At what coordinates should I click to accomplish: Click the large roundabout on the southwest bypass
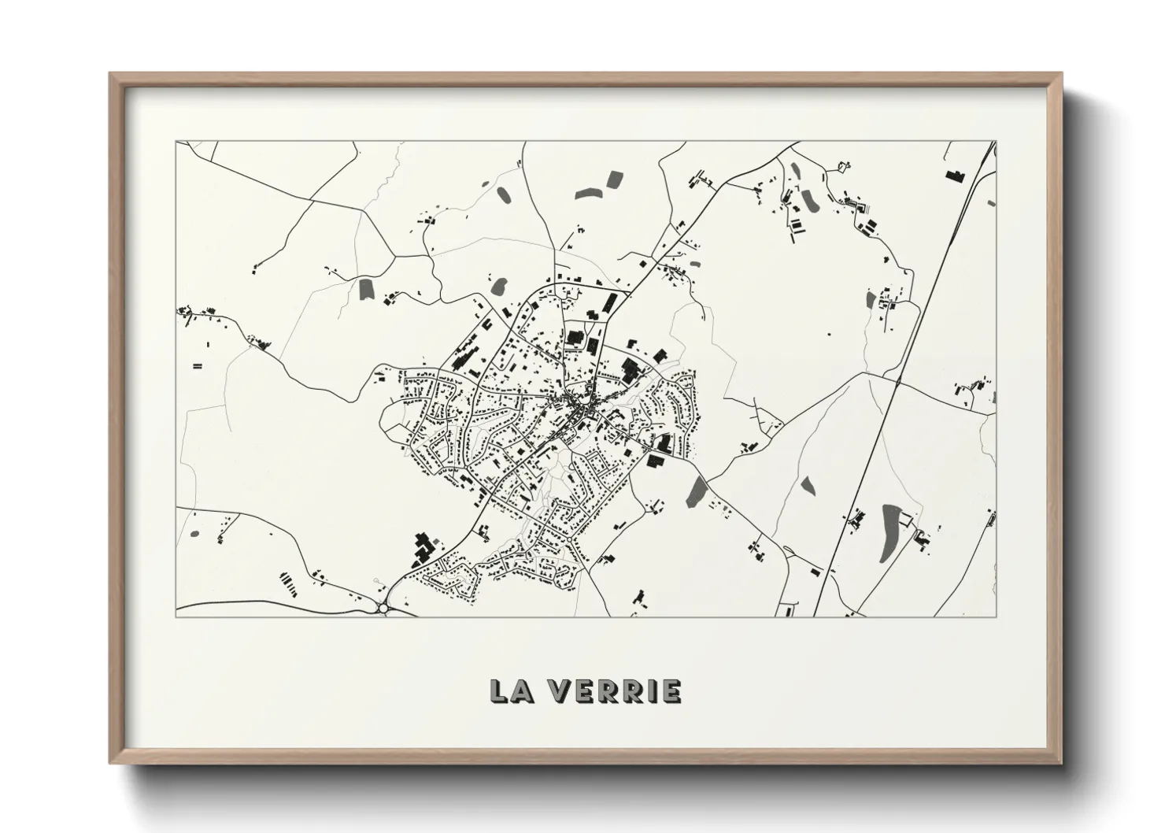tap(384, 607)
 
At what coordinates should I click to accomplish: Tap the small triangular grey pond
tap(808, 486)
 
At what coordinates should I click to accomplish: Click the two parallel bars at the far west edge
tap(197, 366)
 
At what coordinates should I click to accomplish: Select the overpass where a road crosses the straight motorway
tap(898, 383)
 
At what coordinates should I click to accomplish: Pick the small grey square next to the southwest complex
tap(439, 539)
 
